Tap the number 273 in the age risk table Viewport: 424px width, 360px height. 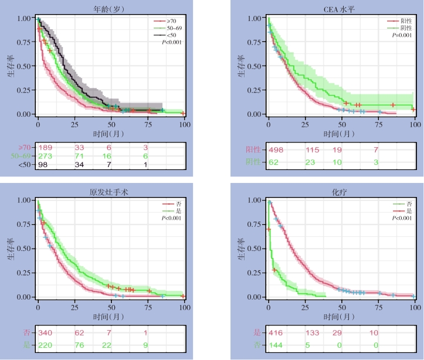(x=46, y=156)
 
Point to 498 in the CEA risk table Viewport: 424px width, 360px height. (x=276, y=151)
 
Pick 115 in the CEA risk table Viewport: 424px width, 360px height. (x=313, y=151)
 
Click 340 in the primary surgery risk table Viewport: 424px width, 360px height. (x=46, y=333)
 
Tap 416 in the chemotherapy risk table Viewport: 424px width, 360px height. (x=276, y=333)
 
